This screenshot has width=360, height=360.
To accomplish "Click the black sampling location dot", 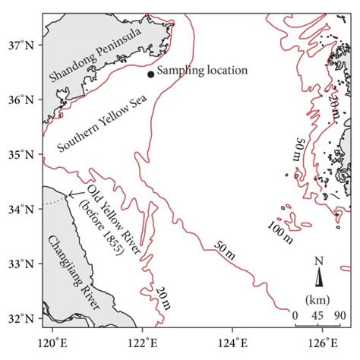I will click(x=150, y=74).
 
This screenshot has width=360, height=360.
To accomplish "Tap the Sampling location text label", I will click(x=204, y=70).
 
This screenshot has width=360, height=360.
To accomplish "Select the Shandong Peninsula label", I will click(x=95, y=55).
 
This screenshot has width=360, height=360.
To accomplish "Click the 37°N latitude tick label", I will click(x=24, y=45).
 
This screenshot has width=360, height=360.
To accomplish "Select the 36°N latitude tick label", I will click(x=24, y=99).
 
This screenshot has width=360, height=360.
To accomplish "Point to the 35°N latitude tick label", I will click(x=24, y=154).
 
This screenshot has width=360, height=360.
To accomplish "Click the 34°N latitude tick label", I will click(x=24, y=209).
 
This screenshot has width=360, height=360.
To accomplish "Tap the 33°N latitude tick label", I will click(x=24, y=264).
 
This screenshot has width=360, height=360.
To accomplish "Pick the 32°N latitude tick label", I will click(x=24, y=318).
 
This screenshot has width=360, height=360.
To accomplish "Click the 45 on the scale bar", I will click(x=317, y=315).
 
